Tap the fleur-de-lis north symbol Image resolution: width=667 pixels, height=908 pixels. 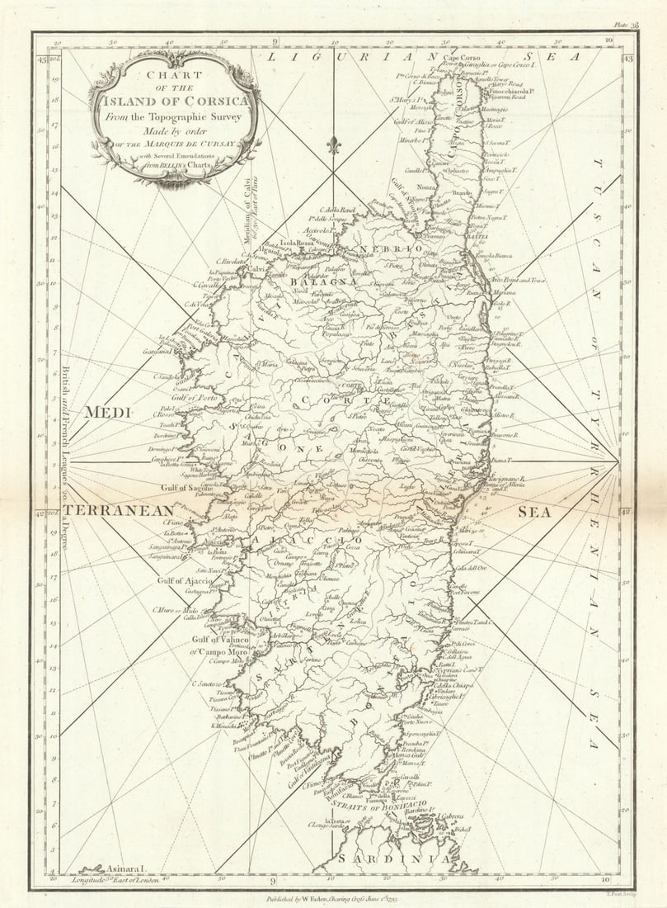pos(334,144)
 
